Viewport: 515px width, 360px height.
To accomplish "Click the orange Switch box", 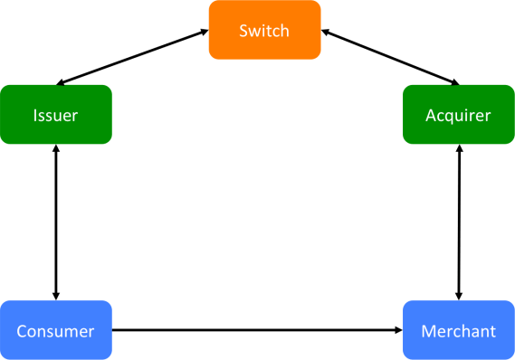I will (x=264, y=31).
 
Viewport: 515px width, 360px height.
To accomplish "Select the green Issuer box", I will (x=56, y=115).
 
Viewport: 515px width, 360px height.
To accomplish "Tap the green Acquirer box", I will (x=458, y=115).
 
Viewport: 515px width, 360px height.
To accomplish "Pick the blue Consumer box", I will (x=56, y=331).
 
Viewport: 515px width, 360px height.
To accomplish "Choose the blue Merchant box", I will (x=458, y=331).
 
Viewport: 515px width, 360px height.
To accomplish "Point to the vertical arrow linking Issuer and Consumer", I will (x=56, y=222).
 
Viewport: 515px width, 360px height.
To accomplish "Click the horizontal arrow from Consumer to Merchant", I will (x=258, y=330).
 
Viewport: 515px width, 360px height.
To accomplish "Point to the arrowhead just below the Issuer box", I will (x=56, y=149).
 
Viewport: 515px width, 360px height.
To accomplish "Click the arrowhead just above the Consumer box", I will (x=56, y=295).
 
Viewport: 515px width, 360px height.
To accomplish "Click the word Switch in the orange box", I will (x=264, y=31).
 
